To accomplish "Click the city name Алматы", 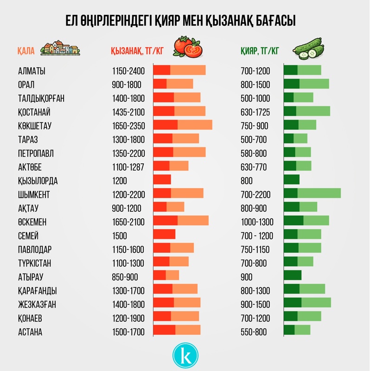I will (32, 71).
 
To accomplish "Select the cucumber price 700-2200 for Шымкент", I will (256, 194).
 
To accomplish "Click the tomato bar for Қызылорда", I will (162, 180).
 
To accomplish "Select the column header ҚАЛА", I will (26, 51).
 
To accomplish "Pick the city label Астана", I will (30, 332).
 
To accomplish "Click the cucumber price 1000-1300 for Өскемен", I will (257, 222).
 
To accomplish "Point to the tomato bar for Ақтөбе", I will (171, 166).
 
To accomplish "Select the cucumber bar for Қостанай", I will (307, 111).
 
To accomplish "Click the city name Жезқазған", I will (38, 304).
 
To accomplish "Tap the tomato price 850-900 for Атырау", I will (125, 277).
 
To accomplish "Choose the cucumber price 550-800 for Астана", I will (254, 332).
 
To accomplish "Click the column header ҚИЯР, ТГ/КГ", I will (260, 51).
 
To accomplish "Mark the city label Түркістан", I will (34, 263).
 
